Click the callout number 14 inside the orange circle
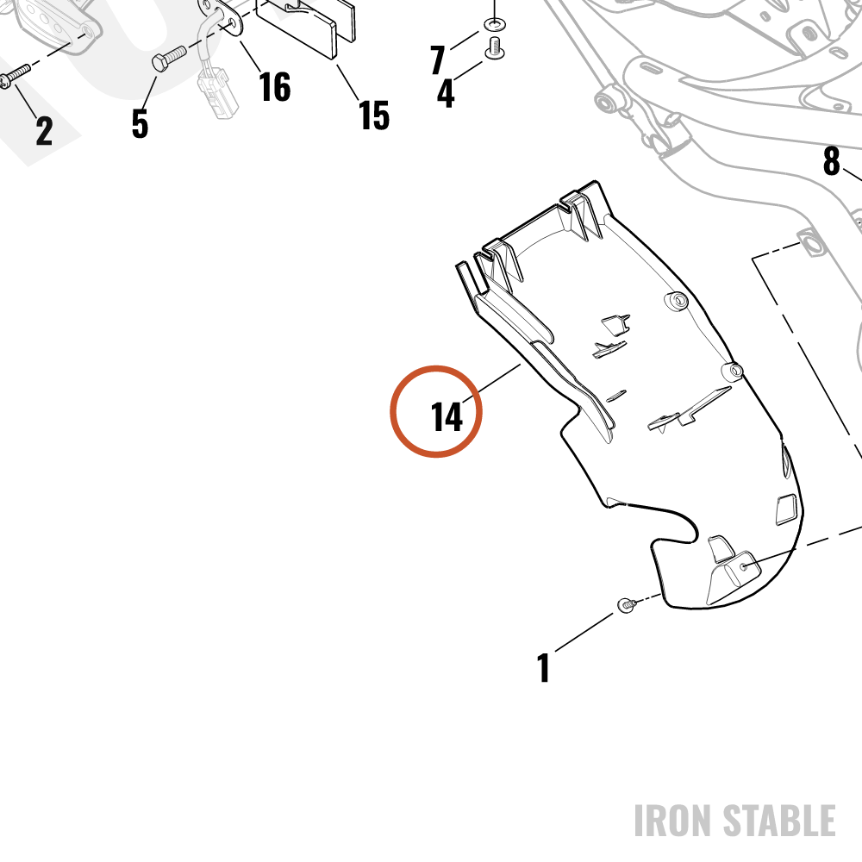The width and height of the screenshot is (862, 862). (x=447, y=416)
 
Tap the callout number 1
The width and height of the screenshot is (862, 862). (x=543, y=667)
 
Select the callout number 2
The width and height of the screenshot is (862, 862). (x=45, y=131)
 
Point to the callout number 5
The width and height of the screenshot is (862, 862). (x=141, y=123)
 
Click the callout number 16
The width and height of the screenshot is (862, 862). (x=274, y=87)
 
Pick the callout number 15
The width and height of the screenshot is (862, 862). (x=374, y=116)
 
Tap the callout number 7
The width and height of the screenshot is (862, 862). (x=438, y=59)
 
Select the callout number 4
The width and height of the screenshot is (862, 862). (x=446, y=93)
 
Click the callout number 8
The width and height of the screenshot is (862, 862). (x=832, y=160)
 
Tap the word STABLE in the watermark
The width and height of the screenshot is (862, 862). (x=779, y=821)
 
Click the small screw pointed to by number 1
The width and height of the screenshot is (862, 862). (x=627, y=605)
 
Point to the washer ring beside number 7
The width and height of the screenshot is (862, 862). (x=495, y=24)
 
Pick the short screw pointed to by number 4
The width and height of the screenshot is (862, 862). (x=495, y=47)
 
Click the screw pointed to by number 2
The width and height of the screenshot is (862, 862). (x=15, y=76)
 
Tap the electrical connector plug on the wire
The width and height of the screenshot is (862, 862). (x=218, y=93)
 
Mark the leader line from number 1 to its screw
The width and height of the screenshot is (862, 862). (x=584, y=632)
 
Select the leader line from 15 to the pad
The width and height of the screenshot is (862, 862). (x=347, y=82)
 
